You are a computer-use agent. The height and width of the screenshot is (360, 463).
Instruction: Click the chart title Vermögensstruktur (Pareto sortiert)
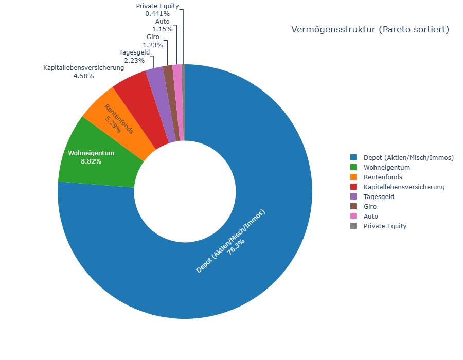pyautogui.click(x=370, y=29)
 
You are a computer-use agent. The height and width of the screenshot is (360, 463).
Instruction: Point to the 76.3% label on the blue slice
pyautogui.click(x=236, y=247)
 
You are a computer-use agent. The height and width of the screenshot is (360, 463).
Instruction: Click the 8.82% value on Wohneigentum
pyautogui.click(x=91, y=161)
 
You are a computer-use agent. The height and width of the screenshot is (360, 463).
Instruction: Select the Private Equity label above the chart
pyautogui.click(x=157, y=6)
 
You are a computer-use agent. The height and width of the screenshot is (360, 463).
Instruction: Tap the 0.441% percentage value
pyautogui.click(x=157, y=13)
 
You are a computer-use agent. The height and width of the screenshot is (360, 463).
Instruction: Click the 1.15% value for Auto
pyautogui.click(x=163, y=29)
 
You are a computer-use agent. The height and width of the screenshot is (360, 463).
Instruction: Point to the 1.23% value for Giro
pyautogui.click(x=153, y=45)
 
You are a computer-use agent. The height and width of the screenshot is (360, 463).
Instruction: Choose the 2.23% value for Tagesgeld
pyautogui.click(x=134, y=61)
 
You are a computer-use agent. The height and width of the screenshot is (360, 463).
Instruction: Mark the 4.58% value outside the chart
pyautogui.click(x=83, y=76)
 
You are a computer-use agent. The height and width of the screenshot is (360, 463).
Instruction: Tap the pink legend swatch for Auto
pyautogui.click(x=353, y=216)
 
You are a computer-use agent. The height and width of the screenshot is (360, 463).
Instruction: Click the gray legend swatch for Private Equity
pyautogui.click(x=353, y=226)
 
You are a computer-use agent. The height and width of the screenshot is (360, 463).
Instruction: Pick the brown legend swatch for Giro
pyautogui.click(x=353, y=206)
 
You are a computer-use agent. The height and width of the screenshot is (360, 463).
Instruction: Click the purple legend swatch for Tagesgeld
pyautogui.click(x=353, y=196)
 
